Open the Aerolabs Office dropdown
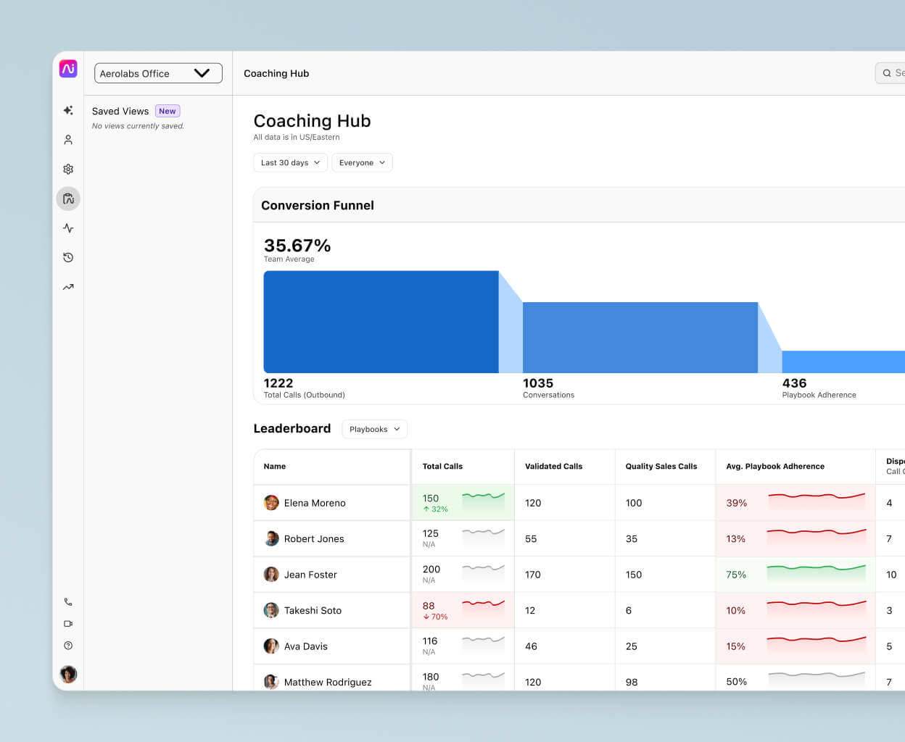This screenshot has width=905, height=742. pyautogui.click(x=158, y=73)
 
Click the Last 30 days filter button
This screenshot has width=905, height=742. pyautogui.click(x=290, y=162)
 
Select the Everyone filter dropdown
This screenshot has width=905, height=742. pyautogui.click(x=362, y=162)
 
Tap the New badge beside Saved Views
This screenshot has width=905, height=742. pyautogui.click(x=168, y=111)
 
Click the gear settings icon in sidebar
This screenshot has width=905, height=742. pyautogui.click(x=68, y=169)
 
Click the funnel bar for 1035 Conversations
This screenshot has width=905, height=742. pyautogui.click(x=640, y=338)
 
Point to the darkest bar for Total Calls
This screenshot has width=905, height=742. pyautogui.click(x=381, y=322)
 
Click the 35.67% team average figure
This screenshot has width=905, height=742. pyautogui.click(x=297, y=246)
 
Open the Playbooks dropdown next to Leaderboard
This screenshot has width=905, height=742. pyautogui.click(x=374, y=429)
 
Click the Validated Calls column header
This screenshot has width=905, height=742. pyautogui.click(x=553, y=466)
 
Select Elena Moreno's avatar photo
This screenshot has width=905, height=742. pyautogui.click(x=271, y=503)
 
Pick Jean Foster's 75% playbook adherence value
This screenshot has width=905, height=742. pyautogui.click(x=736, y=575)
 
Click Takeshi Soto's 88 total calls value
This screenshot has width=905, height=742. pyautogui.click(x=429, y=606)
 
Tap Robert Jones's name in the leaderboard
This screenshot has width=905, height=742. pyautogui.click(x=314, y=538)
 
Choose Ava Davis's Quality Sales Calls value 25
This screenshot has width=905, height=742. pyautogui.click(x=632, y=646)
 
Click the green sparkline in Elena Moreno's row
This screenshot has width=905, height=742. pyautogui.click(x=483, y=497)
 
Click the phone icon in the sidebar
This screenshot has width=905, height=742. pyautogui.click(x=68, y=602)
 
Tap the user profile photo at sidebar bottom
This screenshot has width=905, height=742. pyautogui.click(x=68, y=675)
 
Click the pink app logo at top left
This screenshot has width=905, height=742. pyautogui.click(x=68, y=69)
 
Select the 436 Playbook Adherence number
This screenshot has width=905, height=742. pyautogui.click(x=794, y=383)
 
